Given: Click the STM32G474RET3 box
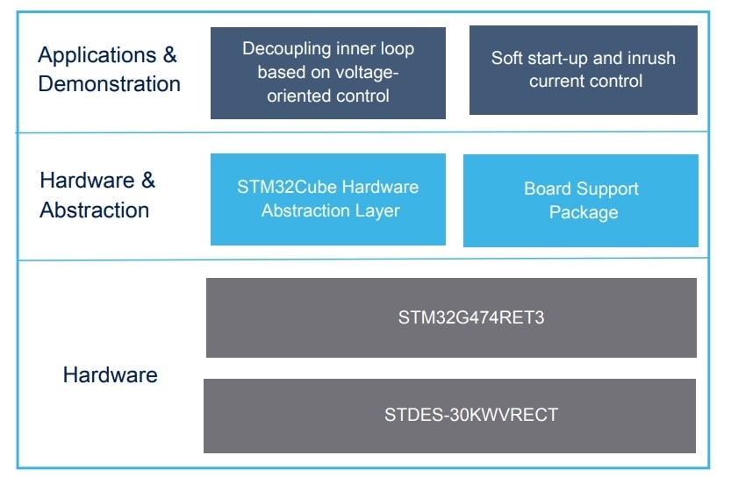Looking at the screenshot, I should coord(451,317).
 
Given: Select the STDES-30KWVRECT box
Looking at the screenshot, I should coord(449,416).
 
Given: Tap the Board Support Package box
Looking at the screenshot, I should coord(580,201).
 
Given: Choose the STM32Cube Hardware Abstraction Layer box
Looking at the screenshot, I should coord(327,199).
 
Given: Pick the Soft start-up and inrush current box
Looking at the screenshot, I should coord(583,70).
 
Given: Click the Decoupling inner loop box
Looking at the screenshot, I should coord(327,73).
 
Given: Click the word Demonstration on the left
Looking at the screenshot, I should coord(110,84).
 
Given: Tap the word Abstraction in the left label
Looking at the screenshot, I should coord(95,210).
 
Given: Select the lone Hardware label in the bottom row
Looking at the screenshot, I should coord(111,375).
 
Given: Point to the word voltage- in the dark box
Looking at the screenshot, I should coord(367,73).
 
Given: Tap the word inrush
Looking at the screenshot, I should coord(650,59).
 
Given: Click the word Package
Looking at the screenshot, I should coord(584,212).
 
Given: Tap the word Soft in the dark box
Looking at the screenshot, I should coord(506,59).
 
